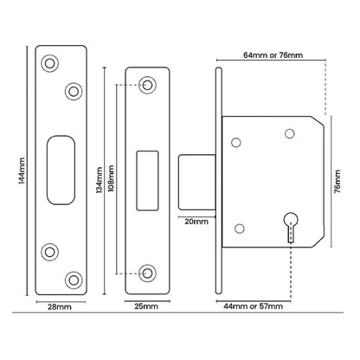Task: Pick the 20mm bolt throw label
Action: pos(196,222)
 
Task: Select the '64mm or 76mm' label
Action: pos(273,55)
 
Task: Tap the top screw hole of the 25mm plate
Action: pos(148,85)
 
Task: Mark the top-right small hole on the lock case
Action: pos(290,132)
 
